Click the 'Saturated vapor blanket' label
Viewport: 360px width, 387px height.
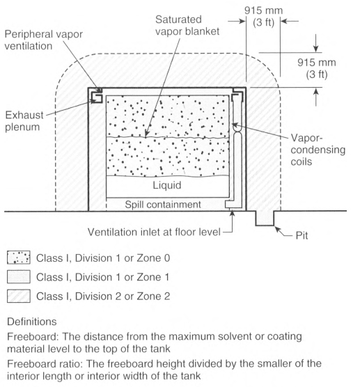(x=187, y=25)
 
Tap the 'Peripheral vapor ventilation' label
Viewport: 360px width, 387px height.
(x=43, y=40)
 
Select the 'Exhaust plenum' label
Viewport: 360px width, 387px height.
(x=24, y=121)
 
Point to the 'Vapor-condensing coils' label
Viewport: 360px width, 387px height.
(x=318, y=150)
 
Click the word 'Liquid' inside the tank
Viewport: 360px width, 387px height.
(x=167, y=185)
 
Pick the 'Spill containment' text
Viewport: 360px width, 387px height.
(x=163, y=205)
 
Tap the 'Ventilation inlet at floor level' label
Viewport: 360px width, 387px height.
(x=154, y=232)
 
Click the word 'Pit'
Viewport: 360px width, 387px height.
(x=302, y=235)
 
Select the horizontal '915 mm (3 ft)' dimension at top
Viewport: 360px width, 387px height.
(x=263, y=16)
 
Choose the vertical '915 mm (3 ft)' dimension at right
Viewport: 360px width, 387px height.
(x=317, y=68)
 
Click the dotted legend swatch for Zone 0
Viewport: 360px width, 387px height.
(x=19, y=258)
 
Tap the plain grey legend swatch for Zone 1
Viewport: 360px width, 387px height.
(x=19, y=276)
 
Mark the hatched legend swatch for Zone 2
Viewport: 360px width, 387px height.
(x=19, y=296)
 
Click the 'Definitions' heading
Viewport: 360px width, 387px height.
(x=32, y=322)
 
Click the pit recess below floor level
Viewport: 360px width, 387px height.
(x=265, y=218)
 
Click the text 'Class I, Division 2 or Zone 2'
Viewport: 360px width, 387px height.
(x=103, y=296)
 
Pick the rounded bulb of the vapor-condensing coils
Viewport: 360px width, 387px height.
(x=237, y=128)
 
